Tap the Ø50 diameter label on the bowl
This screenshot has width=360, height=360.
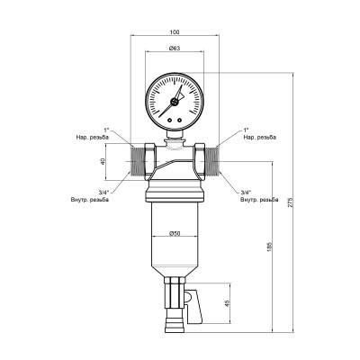click(x=175, y=234)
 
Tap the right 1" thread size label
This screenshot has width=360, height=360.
click(x=246, y=130)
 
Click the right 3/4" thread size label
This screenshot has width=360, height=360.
click(x=246, y=192)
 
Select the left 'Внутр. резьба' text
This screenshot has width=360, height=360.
click(x=91, y=199)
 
